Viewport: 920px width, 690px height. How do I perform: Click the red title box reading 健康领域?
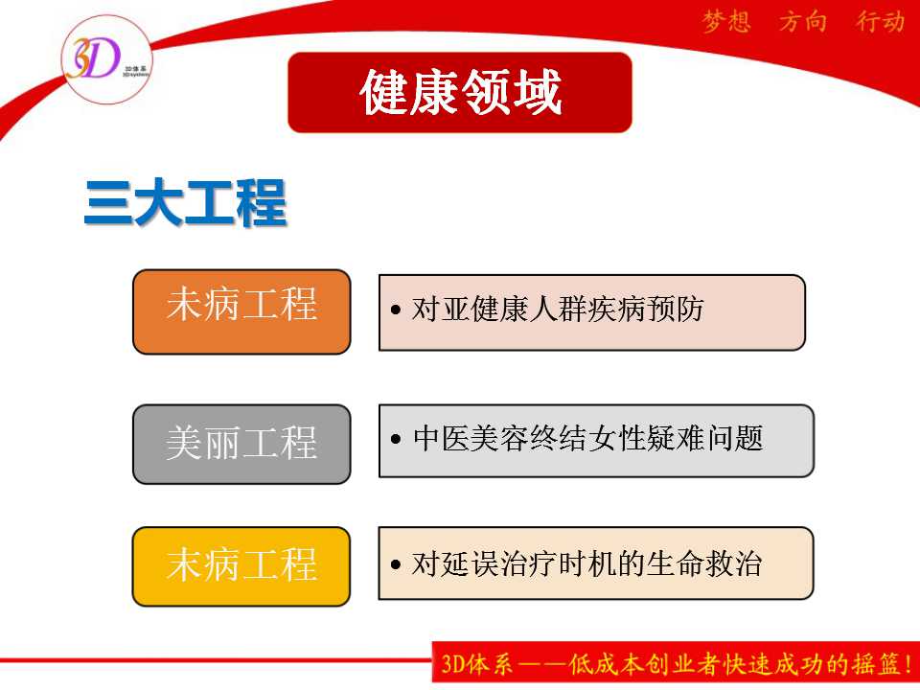(x=460, y=92)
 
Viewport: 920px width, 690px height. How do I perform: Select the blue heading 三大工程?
(x=185, y=203)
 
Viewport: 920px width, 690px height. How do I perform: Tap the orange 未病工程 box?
(x=241, y=311)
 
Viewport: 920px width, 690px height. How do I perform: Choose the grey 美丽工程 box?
(x=241, y=444)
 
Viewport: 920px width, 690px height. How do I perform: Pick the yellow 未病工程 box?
(x=241, y=566)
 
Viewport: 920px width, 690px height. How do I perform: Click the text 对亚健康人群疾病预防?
(x=558, y=310)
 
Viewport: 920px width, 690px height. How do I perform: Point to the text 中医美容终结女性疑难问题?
(x=587, y=438)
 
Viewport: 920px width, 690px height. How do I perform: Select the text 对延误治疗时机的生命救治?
(x=586, y=563)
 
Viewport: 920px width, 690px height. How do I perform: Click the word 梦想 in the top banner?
(x=726, y=22)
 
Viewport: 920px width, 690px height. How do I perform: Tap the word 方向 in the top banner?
(x=803, y=22)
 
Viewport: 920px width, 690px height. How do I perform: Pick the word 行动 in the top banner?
(x=880, y=22)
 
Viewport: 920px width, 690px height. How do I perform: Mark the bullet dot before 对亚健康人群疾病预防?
(x=396, y=310)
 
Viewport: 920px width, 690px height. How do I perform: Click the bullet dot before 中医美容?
(x=396, y=438)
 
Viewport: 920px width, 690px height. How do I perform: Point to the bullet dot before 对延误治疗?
(x=396, y=564)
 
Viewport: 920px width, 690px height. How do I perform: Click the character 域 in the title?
(x=538, y=92)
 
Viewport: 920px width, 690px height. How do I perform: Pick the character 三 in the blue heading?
(x=108, y=203)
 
